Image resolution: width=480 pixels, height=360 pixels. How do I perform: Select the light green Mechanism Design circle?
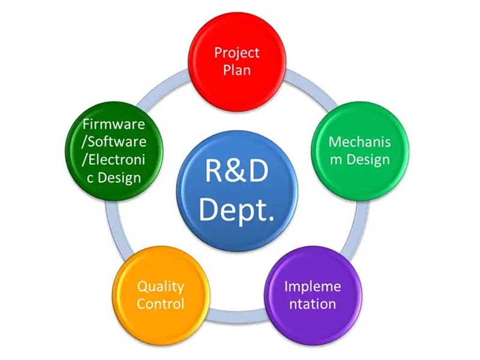[x=359, y=151]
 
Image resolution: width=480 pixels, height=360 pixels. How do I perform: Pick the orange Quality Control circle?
[x=160, y=295]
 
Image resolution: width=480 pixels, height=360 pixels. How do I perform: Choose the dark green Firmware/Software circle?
[x=114, y=151]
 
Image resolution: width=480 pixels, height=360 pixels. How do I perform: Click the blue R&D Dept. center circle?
[x=237, y=189]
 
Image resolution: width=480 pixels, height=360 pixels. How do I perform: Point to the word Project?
[x=237, y=52]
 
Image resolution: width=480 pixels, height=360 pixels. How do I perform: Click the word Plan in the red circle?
[x=237, y=70]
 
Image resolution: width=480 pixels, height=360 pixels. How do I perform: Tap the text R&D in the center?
[x=237, y=171]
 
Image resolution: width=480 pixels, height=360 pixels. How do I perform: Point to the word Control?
[x=160, y=304]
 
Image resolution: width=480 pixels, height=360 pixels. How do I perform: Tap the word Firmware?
[x=114, y=125]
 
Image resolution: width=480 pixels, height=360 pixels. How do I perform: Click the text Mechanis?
[x=359, y=142]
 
